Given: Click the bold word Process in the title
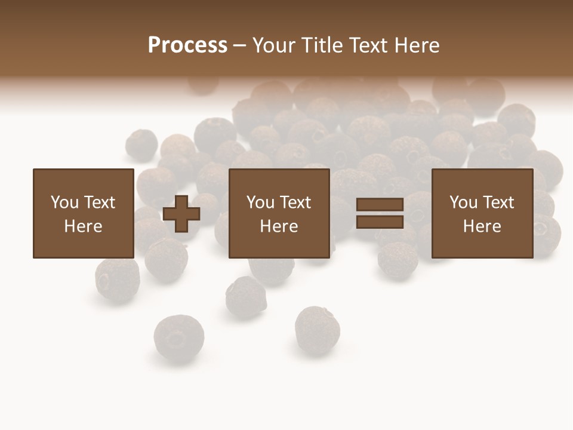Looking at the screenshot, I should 187,45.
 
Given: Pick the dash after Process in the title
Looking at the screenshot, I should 239,46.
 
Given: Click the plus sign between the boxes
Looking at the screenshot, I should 181,214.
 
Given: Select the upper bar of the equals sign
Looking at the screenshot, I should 380,205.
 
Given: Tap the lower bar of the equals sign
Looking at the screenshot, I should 380,222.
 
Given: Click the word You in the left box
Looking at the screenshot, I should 64,202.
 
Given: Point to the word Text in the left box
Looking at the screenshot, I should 99,202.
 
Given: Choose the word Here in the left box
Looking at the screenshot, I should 83,226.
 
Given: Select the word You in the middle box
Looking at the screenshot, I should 260,202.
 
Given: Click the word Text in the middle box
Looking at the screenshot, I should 295,202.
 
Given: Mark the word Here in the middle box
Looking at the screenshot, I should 279,226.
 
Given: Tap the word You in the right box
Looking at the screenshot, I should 463,202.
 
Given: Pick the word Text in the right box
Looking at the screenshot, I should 498,202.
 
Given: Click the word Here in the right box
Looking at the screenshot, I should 482,226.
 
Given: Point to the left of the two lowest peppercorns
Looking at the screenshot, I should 178,338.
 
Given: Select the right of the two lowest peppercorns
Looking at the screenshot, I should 317,329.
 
